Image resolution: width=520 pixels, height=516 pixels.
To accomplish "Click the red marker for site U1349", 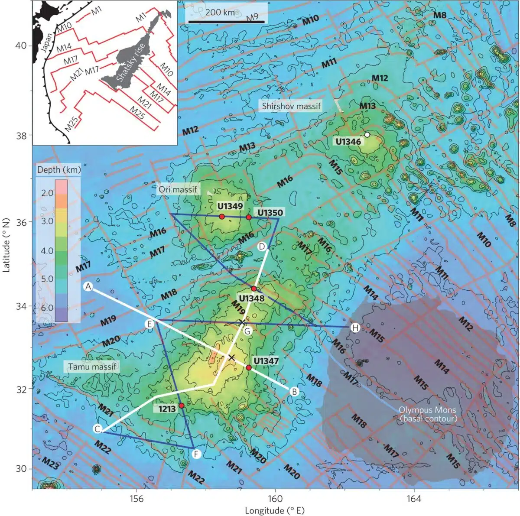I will (x=222, y=216).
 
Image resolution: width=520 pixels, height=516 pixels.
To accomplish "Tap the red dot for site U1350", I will (x=249, y=217).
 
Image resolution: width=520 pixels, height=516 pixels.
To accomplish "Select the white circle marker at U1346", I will (x=367, y=135).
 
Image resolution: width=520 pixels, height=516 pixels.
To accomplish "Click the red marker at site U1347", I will (x=249, y=367).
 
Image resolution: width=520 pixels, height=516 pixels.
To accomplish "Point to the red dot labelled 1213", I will (x=182, y=405).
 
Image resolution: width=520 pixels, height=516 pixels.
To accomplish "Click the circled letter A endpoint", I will (x=88, y=286).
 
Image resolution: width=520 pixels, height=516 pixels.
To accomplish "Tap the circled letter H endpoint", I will (x=355, y=328).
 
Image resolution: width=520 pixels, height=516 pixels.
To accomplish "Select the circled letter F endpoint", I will (x=196, y=454).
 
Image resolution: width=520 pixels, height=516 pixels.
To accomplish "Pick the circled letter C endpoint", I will (x=98, y=429).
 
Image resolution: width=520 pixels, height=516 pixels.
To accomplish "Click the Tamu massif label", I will (x=92, y=367).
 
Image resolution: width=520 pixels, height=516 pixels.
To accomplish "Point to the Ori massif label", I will (x=177, y=189).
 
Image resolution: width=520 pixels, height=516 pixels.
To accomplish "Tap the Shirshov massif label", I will (x=291, y=106).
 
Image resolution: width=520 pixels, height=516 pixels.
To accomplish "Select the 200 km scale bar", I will (x=227, y=22).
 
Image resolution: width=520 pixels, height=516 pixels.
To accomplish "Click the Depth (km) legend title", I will (x=59, y=170).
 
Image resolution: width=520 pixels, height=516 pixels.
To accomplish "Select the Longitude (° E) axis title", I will (x=275, y=510).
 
